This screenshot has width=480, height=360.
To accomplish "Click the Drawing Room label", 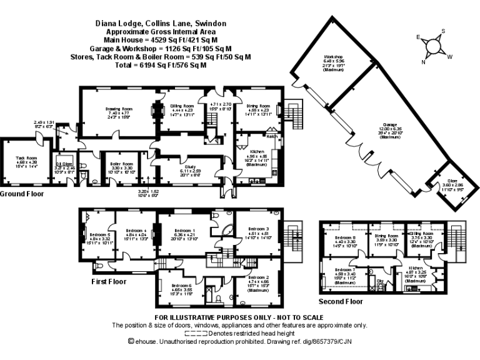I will click(119, 109).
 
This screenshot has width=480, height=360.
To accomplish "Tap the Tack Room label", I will click(26, 159).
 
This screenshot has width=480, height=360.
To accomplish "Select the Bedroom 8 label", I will click(345, 238).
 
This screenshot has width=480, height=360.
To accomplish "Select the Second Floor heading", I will click(341, 301).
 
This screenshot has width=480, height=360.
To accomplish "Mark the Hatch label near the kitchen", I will click(272, 136).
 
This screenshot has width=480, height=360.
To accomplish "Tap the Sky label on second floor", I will click(379, 282).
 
